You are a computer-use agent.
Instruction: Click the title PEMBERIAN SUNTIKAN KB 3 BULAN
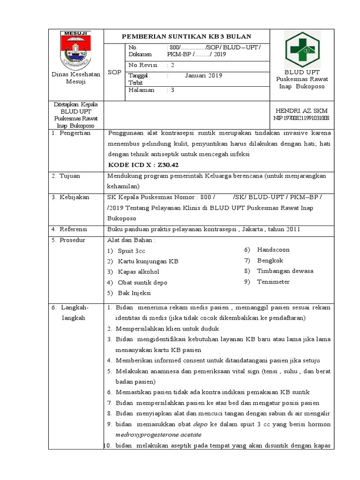click(x=187, y=37)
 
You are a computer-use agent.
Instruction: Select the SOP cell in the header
click(x=114, y=72)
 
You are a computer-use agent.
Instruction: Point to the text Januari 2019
click(x=203, y=75)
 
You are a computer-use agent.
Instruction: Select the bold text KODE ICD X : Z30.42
click(x=143, y=165)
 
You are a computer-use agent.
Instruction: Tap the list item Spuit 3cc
click(x=131, y=251)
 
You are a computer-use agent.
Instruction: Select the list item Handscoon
click(x=273, y=250)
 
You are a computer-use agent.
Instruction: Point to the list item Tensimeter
click(x=273, y=282)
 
